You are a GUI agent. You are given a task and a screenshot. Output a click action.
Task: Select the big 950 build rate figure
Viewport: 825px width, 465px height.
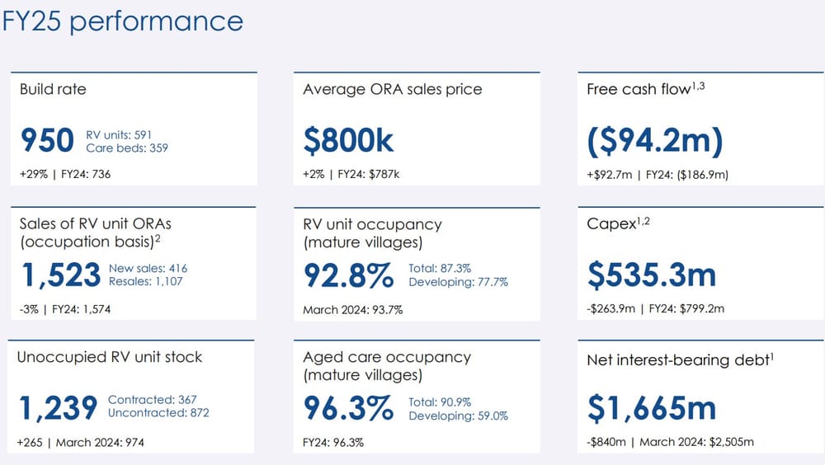coord(47,141)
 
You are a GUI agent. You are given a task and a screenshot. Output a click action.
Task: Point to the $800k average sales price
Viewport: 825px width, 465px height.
coord(348,141)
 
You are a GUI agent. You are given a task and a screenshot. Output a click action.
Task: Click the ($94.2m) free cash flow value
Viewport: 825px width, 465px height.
coord(655,141)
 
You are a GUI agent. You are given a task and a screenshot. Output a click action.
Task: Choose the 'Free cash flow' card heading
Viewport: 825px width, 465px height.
coord(638,88)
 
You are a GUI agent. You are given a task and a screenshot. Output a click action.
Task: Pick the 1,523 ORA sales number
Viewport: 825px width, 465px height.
coord(59,275)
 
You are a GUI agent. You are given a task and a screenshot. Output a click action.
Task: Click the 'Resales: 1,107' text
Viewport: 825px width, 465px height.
coord(146,281)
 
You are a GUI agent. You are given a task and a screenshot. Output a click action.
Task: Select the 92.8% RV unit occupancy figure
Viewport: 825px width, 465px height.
coord(349,275)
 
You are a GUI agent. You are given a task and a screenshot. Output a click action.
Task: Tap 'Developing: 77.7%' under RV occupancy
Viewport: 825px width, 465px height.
coord(458,282)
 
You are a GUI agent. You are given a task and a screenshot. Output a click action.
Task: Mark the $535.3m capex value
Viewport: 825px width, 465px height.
coord(652,275)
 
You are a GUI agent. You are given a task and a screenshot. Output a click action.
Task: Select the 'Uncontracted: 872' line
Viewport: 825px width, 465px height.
coord(158,412)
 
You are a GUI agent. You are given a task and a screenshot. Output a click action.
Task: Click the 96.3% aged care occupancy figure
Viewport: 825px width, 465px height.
coord(348,407)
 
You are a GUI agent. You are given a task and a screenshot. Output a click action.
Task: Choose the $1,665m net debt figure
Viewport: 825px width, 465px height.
coord(652,407)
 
